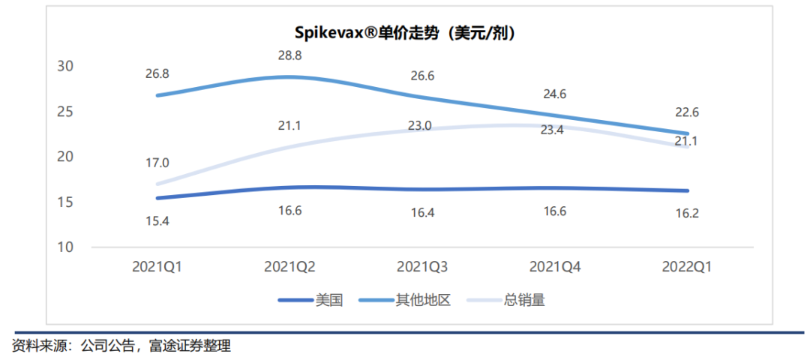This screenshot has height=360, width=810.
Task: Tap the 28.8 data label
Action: [x=289, y=55]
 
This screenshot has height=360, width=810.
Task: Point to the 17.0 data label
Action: [x=157, y=163]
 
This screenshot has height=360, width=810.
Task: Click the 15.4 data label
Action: [x=157, y=221]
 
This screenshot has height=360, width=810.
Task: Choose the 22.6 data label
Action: [x=685, y=112]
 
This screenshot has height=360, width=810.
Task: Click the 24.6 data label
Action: [x=553, y=94]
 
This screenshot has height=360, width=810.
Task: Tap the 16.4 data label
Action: [x=421, y=212]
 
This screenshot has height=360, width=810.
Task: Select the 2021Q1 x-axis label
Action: [x=157, y=266]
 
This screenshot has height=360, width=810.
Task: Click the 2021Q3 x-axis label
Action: [x=421, y=266]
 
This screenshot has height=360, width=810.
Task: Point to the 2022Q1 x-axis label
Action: [x=685, y=266]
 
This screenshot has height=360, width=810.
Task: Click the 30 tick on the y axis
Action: [x=65, y=66]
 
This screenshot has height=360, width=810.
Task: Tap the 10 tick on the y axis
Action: [x=65, y=247]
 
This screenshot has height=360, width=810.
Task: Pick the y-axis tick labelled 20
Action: [x=65, y=157]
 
